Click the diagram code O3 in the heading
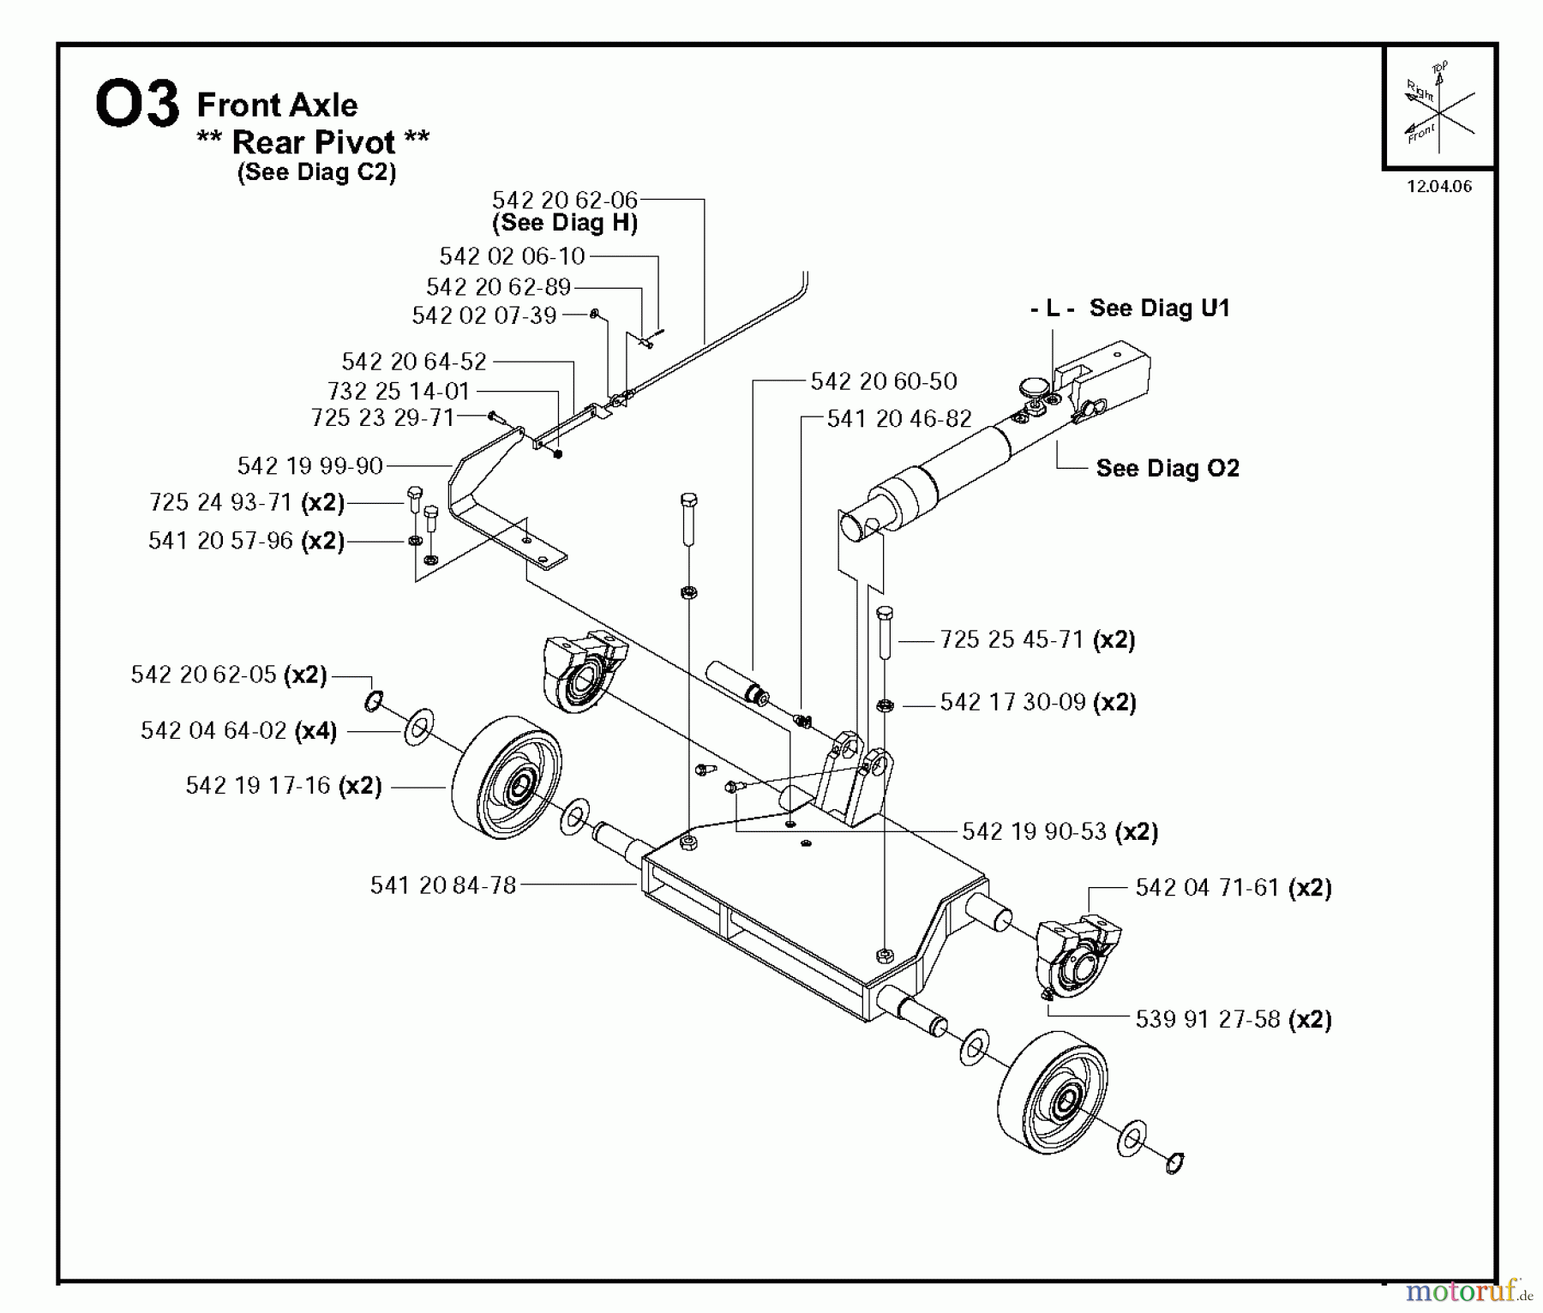(137, 104)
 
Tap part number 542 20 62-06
(564, 200)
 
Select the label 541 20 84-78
(442, 884)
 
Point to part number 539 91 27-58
(1207, 1019)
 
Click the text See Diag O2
(1167, 468)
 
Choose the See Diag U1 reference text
(1158, 309)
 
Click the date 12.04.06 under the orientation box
(1438, 186)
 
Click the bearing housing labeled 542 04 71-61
(1076, 956)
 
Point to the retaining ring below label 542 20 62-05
(373, 702)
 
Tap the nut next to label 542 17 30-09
(885, 705)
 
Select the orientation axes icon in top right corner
(1438, 108)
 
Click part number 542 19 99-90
(309, 465)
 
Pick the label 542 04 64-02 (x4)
(238, 730)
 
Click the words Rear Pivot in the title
(313, 141)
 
